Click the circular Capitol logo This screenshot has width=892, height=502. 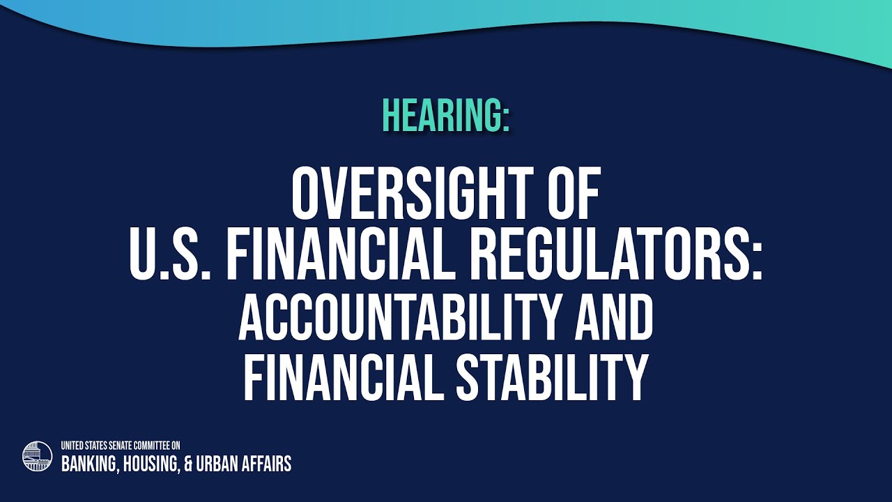tap(38, 456)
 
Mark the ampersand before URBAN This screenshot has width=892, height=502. tap(188, 464)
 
